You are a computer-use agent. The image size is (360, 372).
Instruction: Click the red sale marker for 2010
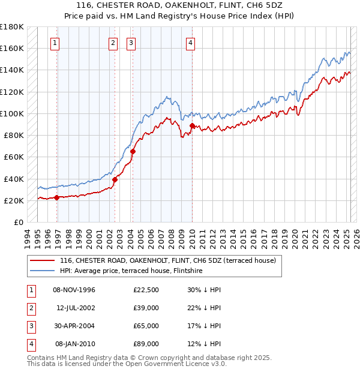point(192,125)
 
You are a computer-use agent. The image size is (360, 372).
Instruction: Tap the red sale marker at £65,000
point(133,152)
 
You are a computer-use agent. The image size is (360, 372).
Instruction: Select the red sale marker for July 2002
point(115,179)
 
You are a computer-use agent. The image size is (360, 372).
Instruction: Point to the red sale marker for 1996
point(56,197)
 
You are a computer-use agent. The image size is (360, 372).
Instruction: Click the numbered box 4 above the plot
point(190,43)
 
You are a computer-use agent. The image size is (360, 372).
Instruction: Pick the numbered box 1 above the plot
point(55,43)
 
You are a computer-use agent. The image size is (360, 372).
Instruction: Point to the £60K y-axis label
point(13,157)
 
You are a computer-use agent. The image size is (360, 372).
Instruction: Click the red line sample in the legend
point(41,260)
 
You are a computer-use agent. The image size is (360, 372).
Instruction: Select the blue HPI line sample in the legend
point(41,271)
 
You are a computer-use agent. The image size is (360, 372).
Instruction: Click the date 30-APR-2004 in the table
point(74,326)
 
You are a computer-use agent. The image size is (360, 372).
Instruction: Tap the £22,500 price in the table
point(146,290)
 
